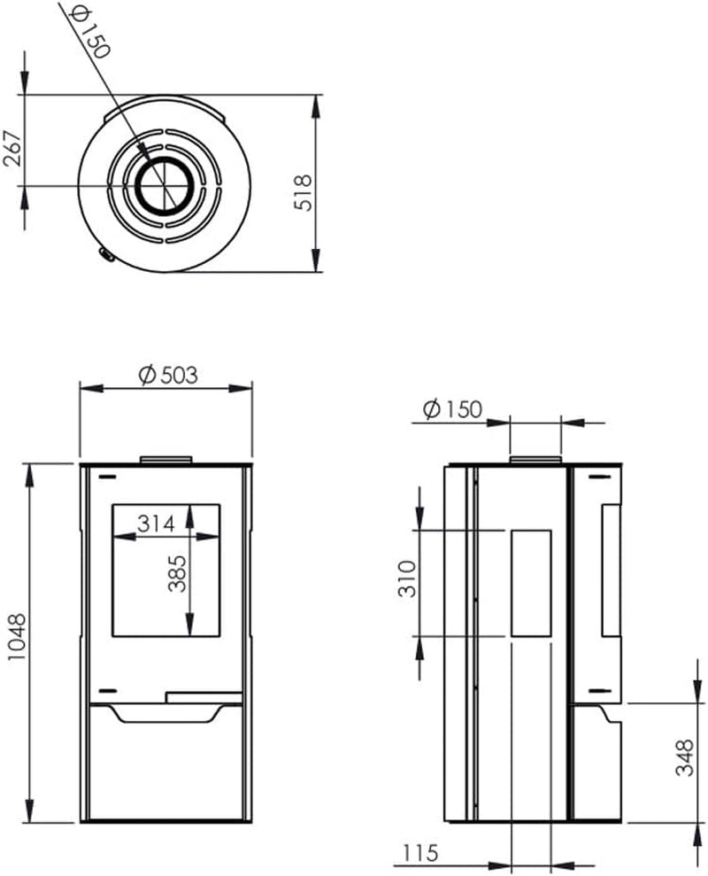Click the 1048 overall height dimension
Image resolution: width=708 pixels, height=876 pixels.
tap(18, 638)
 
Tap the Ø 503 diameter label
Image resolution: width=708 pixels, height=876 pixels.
tap(168, 376)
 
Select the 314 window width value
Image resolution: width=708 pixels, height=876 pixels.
tap(157, 524)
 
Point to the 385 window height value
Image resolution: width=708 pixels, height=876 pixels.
tap(177, 573)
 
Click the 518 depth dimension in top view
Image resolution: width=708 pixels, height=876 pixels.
tap(304, 192)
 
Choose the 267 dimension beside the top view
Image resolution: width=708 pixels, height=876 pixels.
tap(12, 148)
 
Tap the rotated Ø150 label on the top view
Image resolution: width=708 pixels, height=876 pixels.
tap(89, 33)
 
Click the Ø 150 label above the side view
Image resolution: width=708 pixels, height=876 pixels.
tap(452, 409)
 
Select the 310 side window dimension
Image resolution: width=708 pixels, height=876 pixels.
tap(408, 578)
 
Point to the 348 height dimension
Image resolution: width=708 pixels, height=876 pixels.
tap(685, 757)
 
